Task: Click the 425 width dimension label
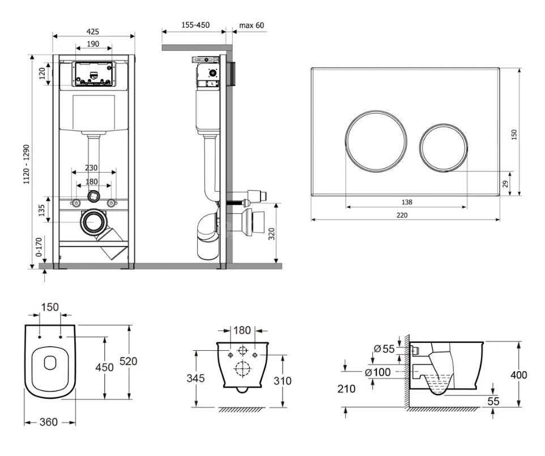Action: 92,32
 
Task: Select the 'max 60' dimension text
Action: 252,25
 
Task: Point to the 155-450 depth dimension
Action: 195,25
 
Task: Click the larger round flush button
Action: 376,141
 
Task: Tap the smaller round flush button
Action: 443,148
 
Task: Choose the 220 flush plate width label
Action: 402,215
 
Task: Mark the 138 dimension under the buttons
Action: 406,202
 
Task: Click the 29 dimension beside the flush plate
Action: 505,183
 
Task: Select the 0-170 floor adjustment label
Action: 39,247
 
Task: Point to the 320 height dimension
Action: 271,234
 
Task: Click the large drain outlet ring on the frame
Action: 93,222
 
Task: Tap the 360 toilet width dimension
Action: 48,422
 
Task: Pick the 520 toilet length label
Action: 128,362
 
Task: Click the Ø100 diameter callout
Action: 377,372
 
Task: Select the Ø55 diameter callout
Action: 385,349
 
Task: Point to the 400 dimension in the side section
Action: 518,375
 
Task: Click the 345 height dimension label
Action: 195,378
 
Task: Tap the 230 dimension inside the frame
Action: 91,168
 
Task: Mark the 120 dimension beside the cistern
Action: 42,74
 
